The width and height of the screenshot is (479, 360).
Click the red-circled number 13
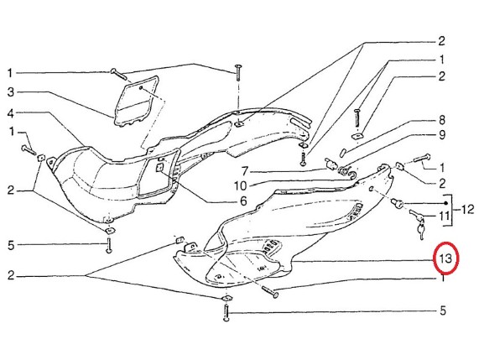click(445, 258)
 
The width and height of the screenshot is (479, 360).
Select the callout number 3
click(11, 91)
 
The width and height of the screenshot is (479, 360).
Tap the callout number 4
click(11, 114)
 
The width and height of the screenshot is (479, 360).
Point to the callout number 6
click(243, 201)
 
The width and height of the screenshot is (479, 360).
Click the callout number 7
click(244, 171)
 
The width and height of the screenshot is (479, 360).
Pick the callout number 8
click(442, 120)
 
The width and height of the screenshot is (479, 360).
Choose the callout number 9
click(442, 135)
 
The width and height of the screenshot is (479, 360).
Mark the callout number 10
click(241, 185)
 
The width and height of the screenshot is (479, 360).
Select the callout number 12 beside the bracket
click(467, 209)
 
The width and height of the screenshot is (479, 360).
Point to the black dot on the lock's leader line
click(445, 203)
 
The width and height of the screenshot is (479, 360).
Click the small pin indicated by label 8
click(343, 153)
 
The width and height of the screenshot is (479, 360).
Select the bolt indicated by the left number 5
click(109, 245)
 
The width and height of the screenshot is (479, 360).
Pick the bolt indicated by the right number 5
click(226, 312)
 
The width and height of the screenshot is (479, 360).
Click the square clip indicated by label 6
click(159, 167)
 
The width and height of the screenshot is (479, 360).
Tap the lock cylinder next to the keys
click(398, 203)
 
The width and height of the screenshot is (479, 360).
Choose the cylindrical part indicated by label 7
click(331, 164)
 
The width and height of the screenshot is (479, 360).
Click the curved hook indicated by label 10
click(348, 173)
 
